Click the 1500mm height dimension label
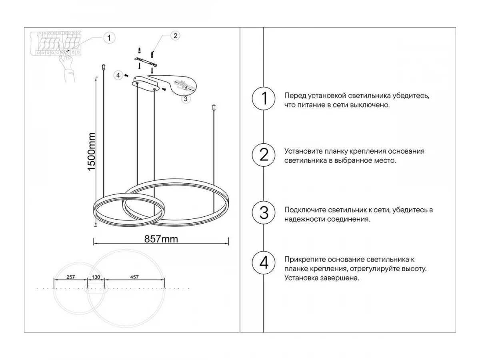[92, 152]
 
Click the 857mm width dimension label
[161, 239]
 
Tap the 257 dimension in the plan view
[71, 277]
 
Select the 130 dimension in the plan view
[96, 277]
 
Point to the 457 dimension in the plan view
[134, 277]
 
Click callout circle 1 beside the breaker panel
[109, 38]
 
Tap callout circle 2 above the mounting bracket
[175, 36]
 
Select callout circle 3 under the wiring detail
[186, 99]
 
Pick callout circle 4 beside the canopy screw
[118, 76]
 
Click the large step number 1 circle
[264, 98]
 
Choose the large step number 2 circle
[264, 155]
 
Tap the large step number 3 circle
[264, 213]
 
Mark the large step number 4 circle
[264, 262]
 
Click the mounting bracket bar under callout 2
[146, 62]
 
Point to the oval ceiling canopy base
[145, 84]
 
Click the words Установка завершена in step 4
[322, 278]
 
